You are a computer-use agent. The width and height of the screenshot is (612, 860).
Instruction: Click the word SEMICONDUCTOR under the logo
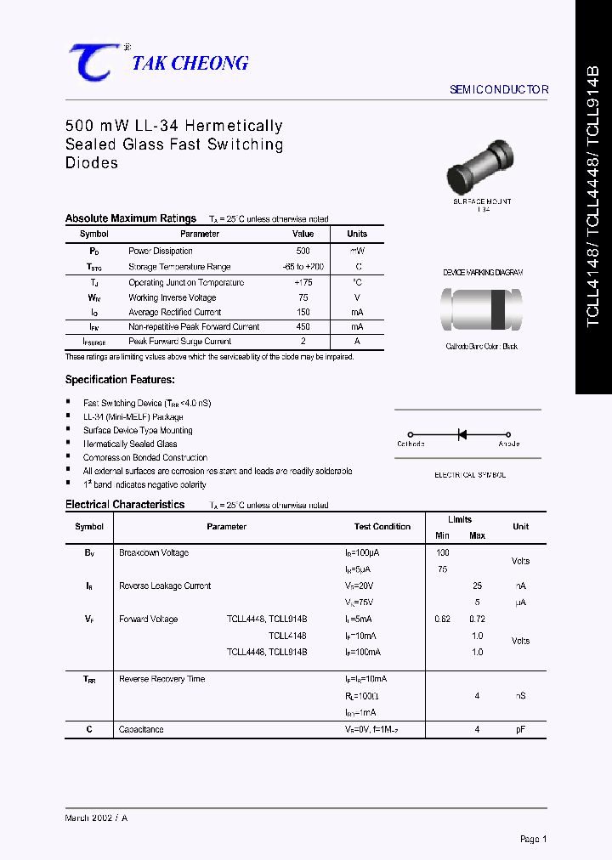[498, 89]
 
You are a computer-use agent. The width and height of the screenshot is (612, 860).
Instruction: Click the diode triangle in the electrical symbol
[463, 434]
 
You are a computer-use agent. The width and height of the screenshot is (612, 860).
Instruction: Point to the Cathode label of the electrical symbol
[411, 444]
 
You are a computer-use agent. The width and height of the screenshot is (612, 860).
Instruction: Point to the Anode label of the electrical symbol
[508, 444]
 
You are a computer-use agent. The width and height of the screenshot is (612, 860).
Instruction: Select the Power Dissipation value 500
[303, 251]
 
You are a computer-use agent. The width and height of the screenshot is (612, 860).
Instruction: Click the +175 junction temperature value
[303, 282]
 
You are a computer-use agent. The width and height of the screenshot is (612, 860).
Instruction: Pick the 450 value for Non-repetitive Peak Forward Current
[303, 326]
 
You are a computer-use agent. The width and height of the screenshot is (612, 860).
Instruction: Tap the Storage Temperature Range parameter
[179, 267]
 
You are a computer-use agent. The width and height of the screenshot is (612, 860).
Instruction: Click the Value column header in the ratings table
[303, 234]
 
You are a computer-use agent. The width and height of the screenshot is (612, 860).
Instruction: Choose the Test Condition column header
[382, 527]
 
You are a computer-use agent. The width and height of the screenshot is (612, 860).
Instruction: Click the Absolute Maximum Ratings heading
[131, 218]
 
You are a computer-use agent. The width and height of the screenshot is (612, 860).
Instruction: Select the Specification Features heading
[120, 380]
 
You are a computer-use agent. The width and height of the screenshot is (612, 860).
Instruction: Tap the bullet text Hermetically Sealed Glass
[130, 444]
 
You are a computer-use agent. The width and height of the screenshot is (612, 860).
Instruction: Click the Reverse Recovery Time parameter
[161, 679]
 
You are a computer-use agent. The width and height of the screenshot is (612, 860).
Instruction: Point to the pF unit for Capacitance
[520, 729]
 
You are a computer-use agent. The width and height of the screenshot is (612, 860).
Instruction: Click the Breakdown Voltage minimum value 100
[442, 552]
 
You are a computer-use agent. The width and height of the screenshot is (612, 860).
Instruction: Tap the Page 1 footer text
[533, 839]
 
